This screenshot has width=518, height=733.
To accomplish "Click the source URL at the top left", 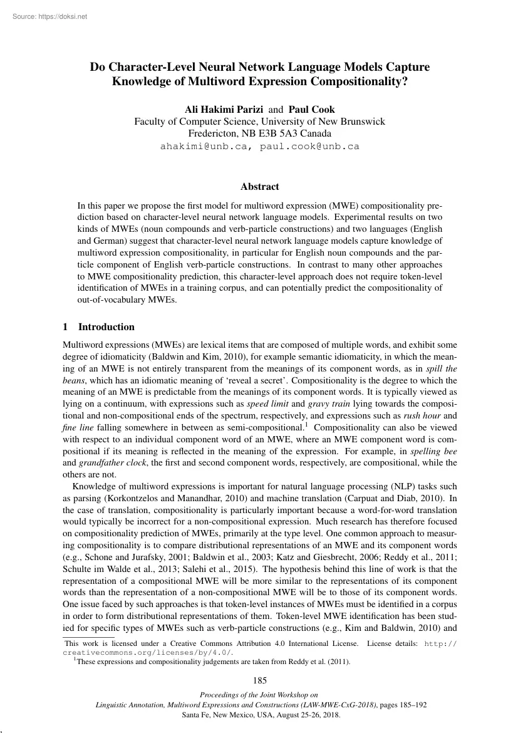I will point(49,17).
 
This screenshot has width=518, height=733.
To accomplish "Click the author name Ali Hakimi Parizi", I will point(215,109).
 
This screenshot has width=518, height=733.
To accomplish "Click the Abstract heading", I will point(259,186).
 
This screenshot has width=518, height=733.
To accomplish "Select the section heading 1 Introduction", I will point(99,326).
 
